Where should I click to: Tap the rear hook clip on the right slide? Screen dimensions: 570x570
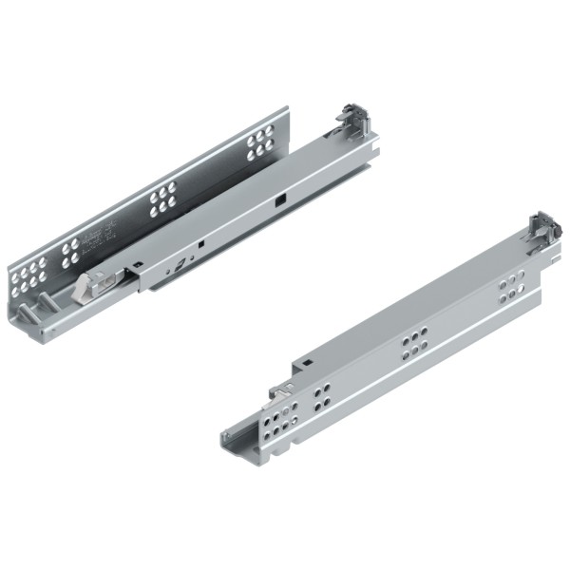(x=542, y=227)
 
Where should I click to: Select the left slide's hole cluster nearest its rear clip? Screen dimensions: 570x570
(x=259, y=145)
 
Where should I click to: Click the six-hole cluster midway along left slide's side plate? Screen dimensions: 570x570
(x=161, y=196)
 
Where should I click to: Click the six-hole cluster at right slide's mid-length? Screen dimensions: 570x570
(x=413, y=346)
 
